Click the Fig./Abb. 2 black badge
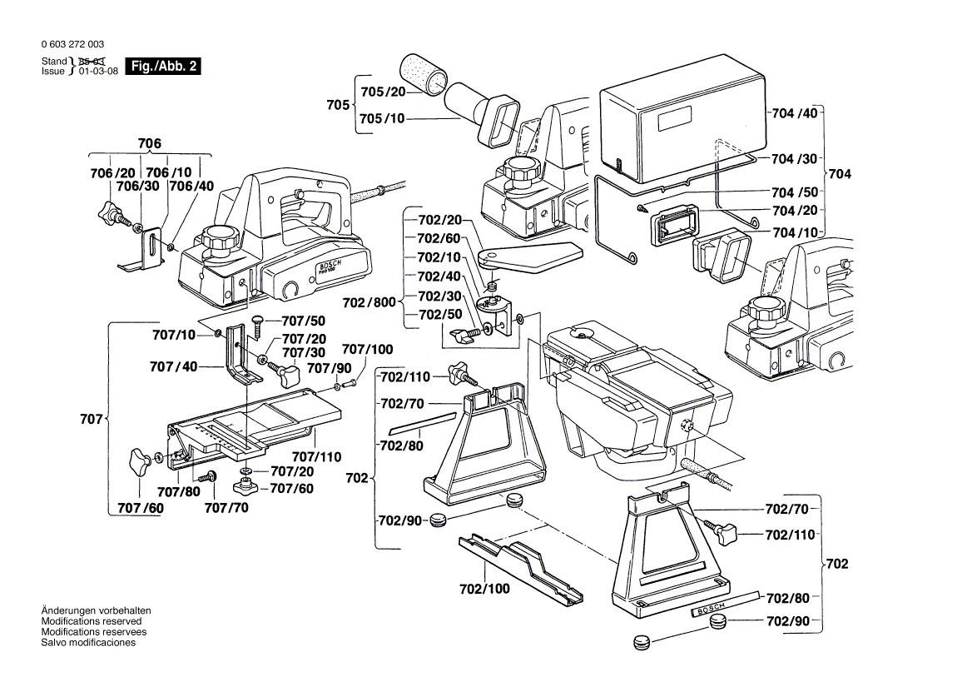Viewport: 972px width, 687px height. (x=161, y=67)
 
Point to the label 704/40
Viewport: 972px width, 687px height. (x=795, y=113)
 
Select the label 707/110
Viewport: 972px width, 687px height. (x=317, y=456)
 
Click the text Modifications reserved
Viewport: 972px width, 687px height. (x=92, y=621)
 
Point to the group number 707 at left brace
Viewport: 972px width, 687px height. (x=93, y=419)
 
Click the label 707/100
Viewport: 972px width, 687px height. (x=368, y=350)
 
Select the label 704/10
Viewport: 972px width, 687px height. (x=795, y=233)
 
